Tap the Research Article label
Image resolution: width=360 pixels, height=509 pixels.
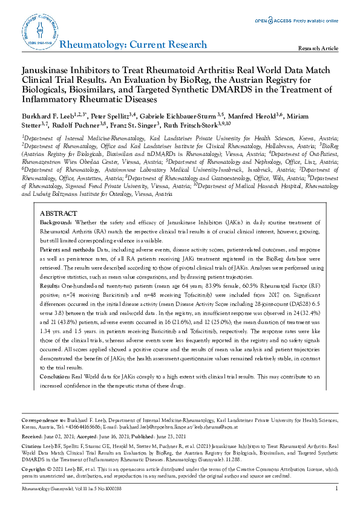pyautogui.click(x=319, y=48)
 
